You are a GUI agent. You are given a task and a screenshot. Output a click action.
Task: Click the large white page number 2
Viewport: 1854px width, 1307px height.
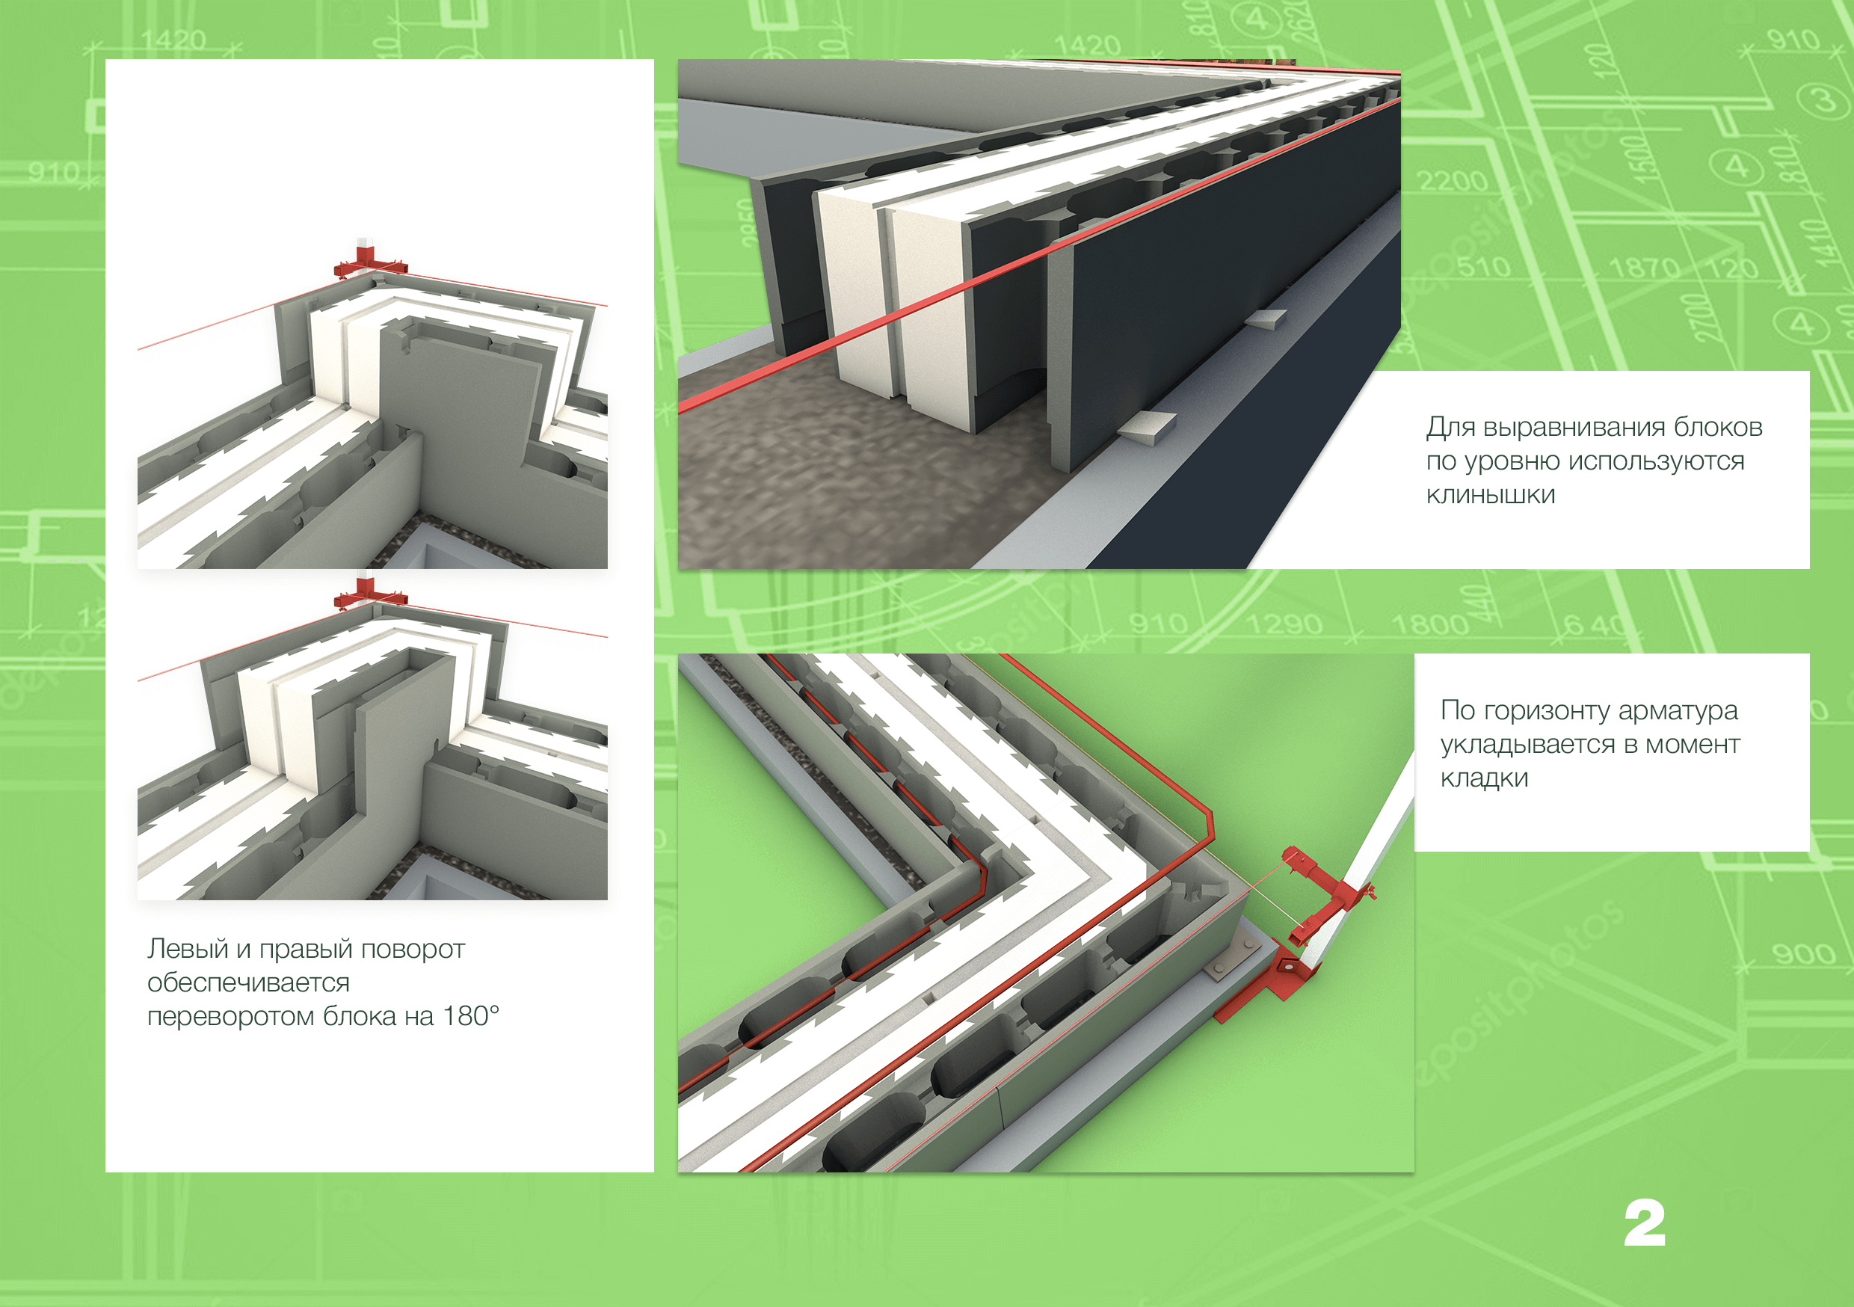pos(1644,1223)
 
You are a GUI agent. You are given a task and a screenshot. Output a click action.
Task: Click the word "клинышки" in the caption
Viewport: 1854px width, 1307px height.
pos(1491,494)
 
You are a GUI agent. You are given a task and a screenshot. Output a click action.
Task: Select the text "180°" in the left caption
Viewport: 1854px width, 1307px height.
pos(471,1016)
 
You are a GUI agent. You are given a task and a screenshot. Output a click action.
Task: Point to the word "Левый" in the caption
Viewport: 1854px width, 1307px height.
pos(188,949)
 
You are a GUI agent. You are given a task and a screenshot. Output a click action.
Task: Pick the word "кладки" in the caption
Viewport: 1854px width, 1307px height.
pos(1484,778)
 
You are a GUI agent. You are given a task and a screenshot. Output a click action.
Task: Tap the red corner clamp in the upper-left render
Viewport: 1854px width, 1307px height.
pos(370,263)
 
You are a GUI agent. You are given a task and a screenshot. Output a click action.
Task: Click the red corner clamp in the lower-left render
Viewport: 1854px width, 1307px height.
pos(370,594)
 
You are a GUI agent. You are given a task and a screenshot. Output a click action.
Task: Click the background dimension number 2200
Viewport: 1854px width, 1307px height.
pos(1453,180)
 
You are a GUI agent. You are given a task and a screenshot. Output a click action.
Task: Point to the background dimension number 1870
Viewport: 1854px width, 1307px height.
pos(1643,268)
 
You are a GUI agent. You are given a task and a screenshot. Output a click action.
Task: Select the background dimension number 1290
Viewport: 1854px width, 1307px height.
pos(1285,624)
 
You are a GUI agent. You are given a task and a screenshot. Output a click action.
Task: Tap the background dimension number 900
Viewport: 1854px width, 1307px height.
pos(1804,954)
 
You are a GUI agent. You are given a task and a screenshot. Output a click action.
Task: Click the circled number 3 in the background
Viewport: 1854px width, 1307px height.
pos(1823,100)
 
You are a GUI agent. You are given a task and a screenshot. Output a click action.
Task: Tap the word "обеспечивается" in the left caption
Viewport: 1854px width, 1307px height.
pos(249,983)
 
